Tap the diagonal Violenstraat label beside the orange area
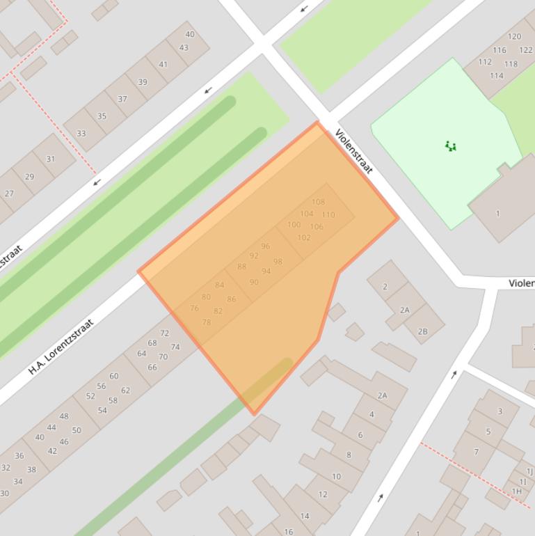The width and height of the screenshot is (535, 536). (354, 151)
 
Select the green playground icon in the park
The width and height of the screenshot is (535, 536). (451, 146)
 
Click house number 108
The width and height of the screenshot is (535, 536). (318, 202)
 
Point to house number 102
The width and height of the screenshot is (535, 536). (304, 237)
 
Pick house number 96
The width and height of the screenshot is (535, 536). (265, 246)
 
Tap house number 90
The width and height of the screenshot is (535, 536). (254, 282)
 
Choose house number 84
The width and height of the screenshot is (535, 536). (220, 285)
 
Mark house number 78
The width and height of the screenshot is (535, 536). (207, 322)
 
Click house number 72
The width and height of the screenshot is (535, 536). (165, 333)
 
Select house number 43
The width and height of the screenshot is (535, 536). (184, 48)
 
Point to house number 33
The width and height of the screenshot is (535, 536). (81, 134)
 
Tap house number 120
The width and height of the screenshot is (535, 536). (514, 37)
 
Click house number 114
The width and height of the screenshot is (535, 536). (496, 76)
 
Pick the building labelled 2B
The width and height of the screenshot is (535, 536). (423, 331)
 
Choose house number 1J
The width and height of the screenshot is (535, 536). (529, 471)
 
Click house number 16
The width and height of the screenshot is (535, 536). (289, 531)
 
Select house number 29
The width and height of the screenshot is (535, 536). (29, 177)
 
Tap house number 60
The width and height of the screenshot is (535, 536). (113, 376)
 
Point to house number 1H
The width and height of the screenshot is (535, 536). (517, 491)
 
